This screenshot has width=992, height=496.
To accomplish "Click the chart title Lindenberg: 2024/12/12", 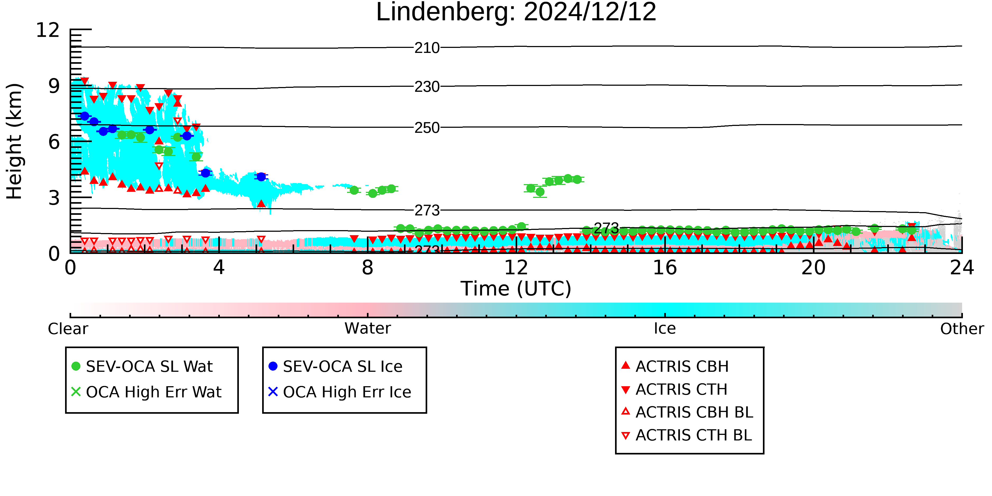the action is click(x=516, y=12).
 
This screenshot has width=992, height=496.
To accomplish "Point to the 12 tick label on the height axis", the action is click(x=48, y=30).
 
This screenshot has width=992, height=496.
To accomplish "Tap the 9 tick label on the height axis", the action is click(x=54, y=86).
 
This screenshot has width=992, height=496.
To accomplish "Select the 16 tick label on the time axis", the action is click(x=665, y=268).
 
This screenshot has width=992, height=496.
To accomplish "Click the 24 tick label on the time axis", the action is click(x=962, y=268).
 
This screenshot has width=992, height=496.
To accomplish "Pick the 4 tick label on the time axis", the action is click(x=219, y=268).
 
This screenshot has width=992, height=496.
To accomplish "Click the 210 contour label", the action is click(x=427, y=48).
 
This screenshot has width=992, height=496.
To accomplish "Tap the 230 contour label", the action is click(x=427, y=87).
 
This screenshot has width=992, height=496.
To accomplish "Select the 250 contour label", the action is click(x=427, y=128).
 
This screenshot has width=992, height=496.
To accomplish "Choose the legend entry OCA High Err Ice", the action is click(x=340, y=392).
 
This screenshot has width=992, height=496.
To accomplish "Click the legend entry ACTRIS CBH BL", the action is click(x=688, y=412).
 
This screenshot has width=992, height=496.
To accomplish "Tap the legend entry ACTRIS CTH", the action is click(x=674, y=389).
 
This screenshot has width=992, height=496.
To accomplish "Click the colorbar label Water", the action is click(x=368, y=329).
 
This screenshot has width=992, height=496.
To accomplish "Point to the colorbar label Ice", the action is click(x=665, y=329).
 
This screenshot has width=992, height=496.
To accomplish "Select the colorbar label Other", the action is click(x=962, y=329).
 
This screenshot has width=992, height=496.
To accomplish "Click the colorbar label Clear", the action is click(x=68, y=329).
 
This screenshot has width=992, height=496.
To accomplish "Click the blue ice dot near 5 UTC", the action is click(x=261, y=177).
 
